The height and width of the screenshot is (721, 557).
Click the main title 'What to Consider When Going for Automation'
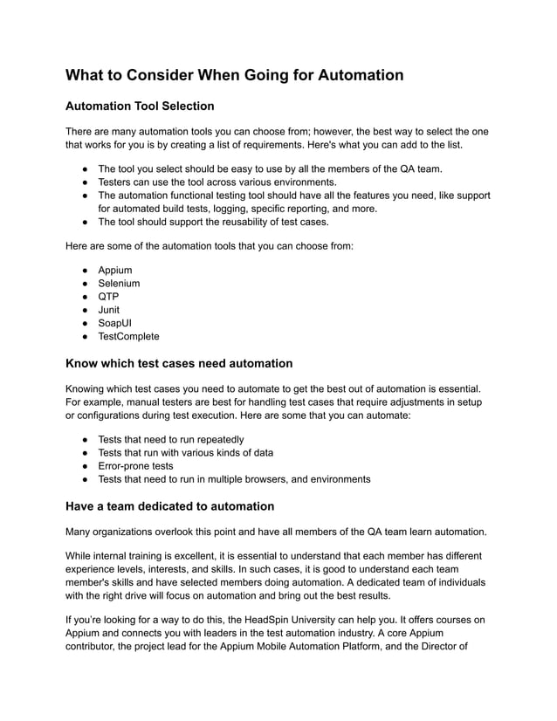235,75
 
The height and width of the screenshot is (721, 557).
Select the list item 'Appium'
115,271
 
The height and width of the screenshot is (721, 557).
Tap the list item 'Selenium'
119,284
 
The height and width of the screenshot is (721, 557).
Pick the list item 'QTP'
108,297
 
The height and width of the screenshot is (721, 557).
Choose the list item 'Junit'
109,310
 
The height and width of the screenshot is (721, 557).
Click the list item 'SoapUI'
116,323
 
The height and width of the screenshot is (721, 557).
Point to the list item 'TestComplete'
128,336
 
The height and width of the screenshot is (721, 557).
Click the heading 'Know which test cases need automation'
179,363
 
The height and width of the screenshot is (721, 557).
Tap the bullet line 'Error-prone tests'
135,466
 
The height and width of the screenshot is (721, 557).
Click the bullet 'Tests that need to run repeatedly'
171,440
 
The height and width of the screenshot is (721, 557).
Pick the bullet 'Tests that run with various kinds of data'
185,453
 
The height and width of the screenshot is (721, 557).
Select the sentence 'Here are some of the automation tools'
210,247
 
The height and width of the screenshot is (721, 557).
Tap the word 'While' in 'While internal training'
81,556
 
